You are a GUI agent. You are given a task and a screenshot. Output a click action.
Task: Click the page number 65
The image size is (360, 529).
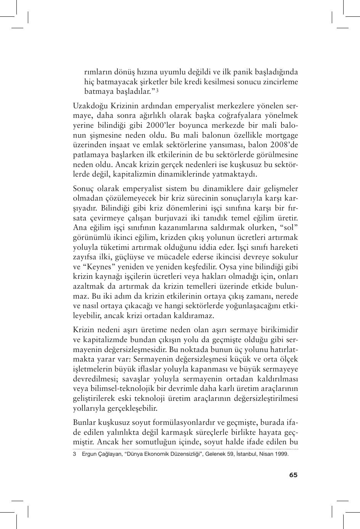(293, 475)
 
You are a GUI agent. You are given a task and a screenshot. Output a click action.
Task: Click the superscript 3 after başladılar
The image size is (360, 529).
(157, 90)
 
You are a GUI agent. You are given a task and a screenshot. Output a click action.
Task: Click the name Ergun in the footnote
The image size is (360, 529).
(89, 454)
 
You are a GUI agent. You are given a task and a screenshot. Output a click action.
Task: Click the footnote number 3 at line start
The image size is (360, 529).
(74, 454)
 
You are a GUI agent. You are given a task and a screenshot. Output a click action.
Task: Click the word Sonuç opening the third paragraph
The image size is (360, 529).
(83, 189)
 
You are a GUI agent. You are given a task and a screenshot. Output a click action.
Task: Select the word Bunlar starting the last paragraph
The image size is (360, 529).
(84, 423)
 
